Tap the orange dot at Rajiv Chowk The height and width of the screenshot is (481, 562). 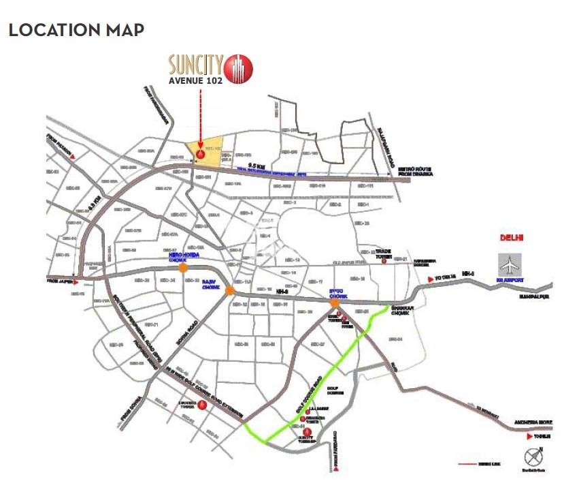point(230,291)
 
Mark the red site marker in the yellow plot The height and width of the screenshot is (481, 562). point(200,153)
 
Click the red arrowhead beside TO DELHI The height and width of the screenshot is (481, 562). point(430,279)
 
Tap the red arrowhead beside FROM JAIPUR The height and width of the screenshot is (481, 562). point(79,279)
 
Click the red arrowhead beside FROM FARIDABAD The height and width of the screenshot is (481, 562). point(335,469)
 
